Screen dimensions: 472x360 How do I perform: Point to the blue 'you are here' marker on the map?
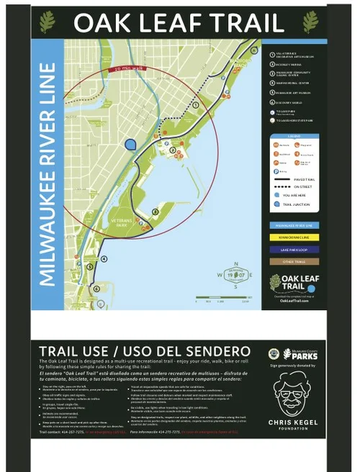[130, 145]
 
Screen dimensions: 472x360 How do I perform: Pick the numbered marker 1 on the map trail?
[195, 105]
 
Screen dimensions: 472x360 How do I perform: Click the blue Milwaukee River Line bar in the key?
[295, 225]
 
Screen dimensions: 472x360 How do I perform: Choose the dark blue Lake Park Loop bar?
[295, 249]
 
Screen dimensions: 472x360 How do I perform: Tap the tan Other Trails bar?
[295, 261]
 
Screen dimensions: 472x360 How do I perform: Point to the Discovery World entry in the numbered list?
[291, 101]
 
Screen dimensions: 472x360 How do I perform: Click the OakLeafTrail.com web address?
[294, 301]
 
